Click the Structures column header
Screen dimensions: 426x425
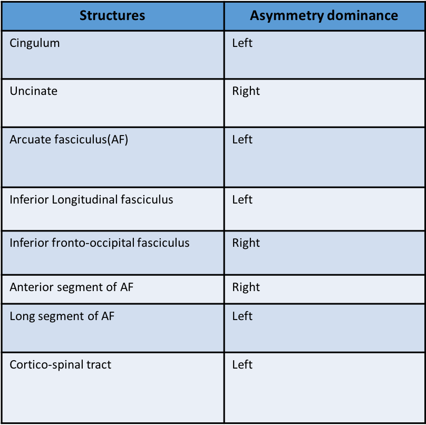(x=112, y=15)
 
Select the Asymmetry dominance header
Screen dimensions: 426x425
(x=324, y=15)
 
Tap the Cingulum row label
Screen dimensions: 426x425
(x=35, y=43)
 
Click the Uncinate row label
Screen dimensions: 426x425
(x=34, y=91)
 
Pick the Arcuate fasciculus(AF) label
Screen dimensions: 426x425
(x=69, y=140)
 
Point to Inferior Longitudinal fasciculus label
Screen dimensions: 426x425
(x=91, y=200)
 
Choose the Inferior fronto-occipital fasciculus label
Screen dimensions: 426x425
(x=100, y=243)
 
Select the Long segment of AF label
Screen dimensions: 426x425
(x=62, y=316)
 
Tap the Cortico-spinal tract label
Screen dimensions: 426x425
(x=61, y=365)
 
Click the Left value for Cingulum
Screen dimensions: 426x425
(x=243, y=43)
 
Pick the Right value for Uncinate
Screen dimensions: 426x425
(x=246, y=91)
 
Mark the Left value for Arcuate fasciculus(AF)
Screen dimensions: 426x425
(x=243, y=140)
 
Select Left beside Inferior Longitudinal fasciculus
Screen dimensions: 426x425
(x=243, y=200)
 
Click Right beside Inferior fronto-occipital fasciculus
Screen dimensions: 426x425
(x=246, y=243)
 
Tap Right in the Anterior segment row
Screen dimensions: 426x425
(x=246, y=287)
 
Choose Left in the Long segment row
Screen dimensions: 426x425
(x=243, y=316)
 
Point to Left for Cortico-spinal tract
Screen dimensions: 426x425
(x=243, y=365)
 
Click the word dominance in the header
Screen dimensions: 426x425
(x=362, y=15)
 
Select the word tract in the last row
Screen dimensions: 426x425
(x=98, y=365)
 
